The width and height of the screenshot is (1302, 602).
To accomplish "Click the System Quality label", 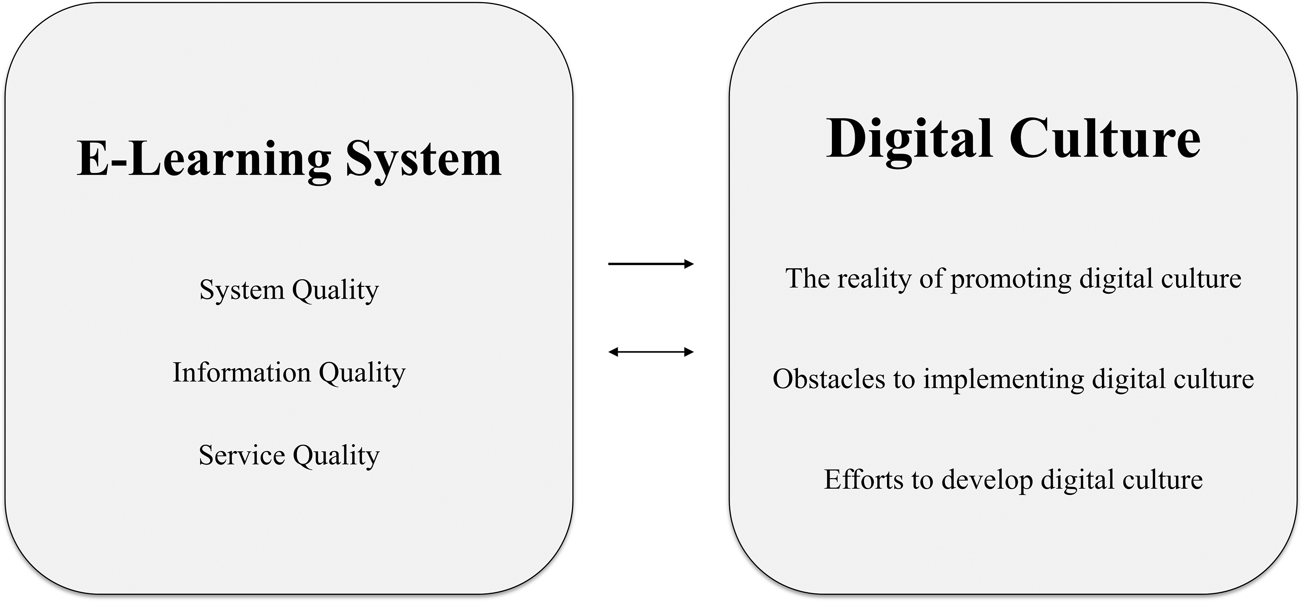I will (x=289, y=290).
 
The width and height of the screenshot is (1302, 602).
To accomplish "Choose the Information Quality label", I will (x=289, y=373).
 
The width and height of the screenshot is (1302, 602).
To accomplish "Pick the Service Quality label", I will (x=289, y=455).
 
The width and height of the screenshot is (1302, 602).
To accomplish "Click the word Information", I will (x=242, y=373).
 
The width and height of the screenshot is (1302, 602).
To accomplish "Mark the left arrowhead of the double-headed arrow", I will (x=613, y=352).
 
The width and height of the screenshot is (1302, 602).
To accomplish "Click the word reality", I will (x=874, y=279).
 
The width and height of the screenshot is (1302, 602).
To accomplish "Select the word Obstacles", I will (x=829, y=379).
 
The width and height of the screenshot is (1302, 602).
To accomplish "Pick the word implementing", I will (x=1004, y=379).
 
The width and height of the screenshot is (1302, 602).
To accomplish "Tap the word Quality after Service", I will (x=336, y=455).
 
